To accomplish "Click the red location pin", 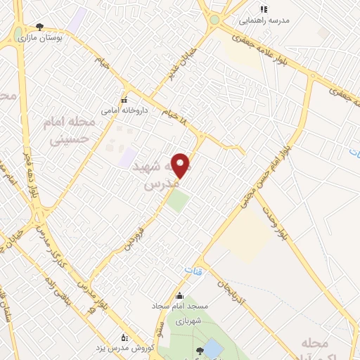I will [x=181, y=165].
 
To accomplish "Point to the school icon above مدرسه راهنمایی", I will [x=264, y=10].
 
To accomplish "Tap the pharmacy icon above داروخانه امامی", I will [x=124, y=100].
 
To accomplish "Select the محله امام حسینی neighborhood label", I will [x=70, y=131].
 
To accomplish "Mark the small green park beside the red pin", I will [x=178, y=202].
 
